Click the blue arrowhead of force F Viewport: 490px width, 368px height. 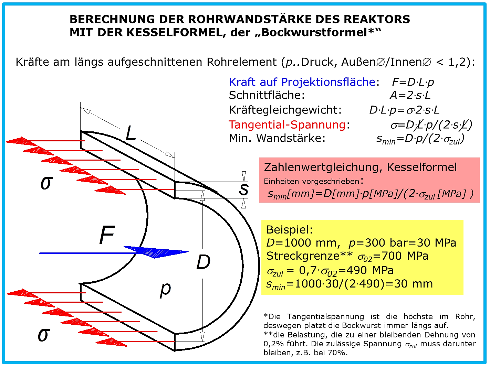[156, 252]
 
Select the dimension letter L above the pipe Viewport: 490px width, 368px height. [131, 133]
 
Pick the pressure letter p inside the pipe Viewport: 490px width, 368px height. [165, 290]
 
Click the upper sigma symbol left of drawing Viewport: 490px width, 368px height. [47, 183]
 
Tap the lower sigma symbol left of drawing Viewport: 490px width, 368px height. [44, 335]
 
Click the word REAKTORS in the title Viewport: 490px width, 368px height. [377, 19]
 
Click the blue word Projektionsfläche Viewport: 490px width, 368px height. [328, 82]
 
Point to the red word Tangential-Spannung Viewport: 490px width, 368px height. [287, 125]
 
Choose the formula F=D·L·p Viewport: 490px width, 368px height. [413, 82]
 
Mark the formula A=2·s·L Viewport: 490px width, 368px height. [410, 95]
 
